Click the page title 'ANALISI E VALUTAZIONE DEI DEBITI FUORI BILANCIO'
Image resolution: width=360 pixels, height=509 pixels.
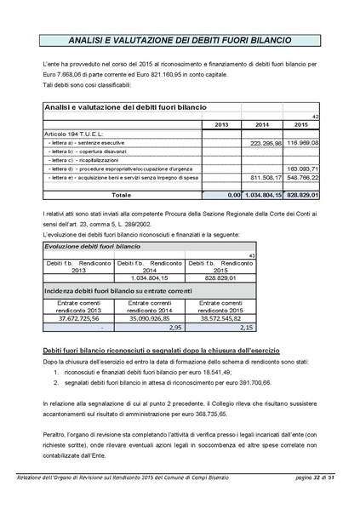[x=180, y=40]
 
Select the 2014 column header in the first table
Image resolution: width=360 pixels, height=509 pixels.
[x=261, y=124]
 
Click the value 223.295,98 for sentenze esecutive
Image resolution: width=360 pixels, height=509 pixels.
[x=262, y=143]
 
